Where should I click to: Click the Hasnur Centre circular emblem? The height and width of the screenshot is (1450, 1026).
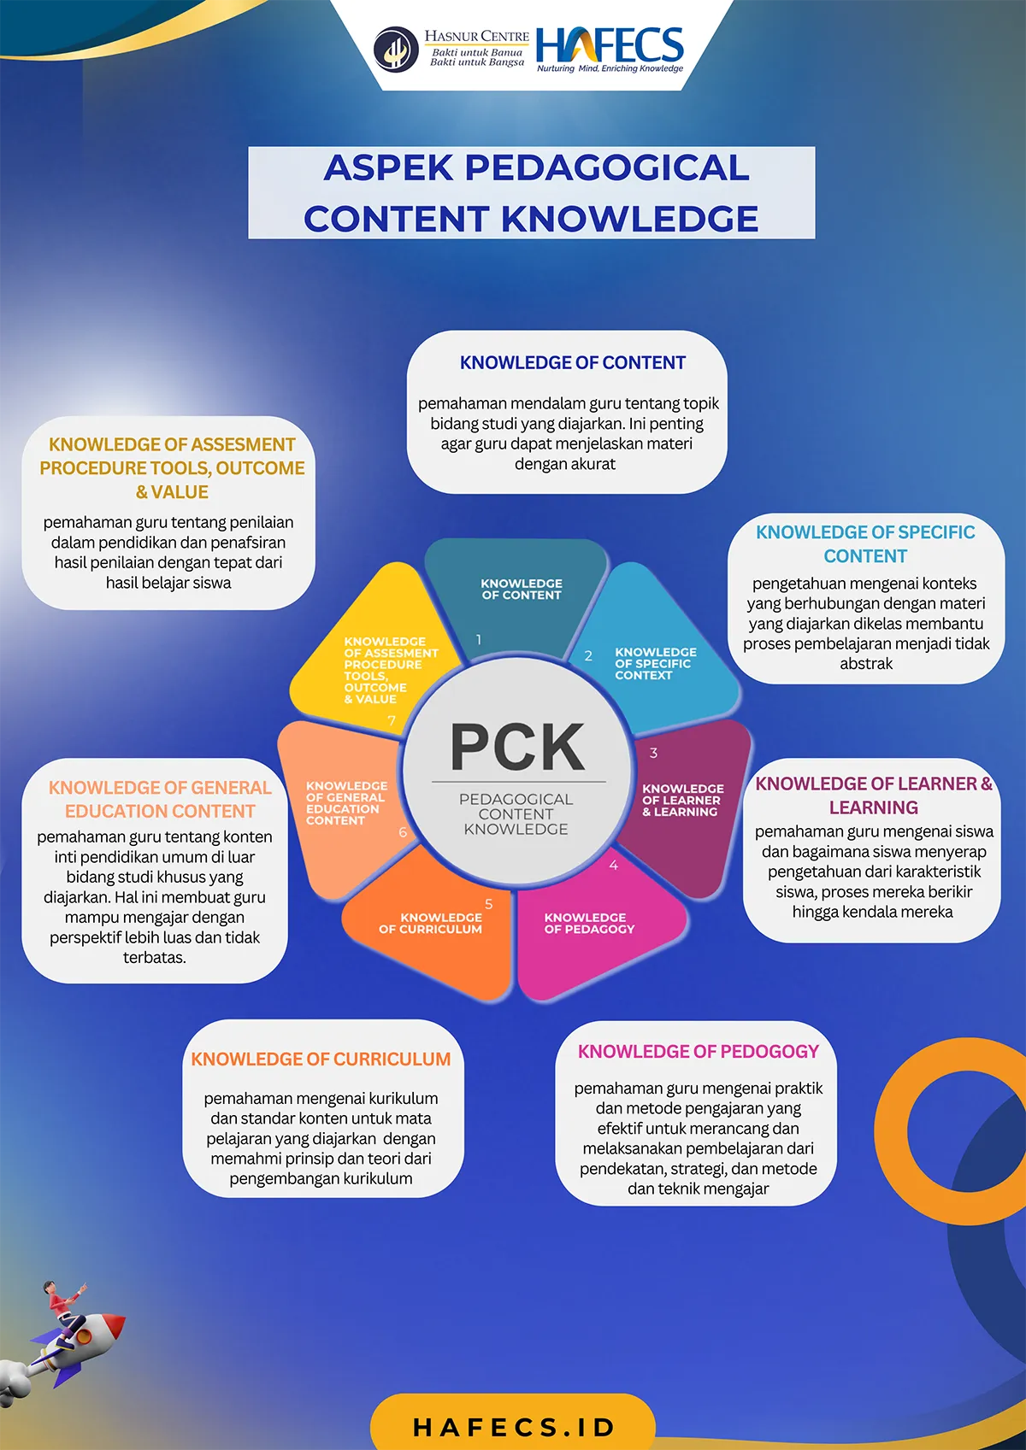click(396, 49)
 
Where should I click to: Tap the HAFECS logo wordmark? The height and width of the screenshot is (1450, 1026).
click(610, 44)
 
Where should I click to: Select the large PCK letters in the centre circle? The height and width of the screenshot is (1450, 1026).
click(517, 747)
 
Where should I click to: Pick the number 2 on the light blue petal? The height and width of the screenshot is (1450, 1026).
click(588, 655)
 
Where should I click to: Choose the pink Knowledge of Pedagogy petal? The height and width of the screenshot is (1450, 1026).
click(593, 925)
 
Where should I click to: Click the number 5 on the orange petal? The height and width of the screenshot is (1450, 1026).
click(488, 904)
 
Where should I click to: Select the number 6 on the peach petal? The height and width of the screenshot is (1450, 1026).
click(403, 832)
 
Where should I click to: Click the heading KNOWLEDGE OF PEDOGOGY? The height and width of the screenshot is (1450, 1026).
click(699, 1051)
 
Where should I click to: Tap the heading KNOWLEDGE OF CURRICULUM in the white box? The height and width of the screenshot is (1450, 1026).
click(321, 1059)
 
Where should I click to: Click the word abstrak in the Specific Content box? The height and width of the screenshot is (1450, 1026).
click(866, 664)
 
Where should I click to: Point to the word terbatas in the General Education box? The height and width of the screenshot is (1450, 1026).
click(154, 957)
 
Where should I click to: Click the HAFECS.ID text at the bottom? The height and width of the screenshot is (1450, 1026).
click(513, 1427)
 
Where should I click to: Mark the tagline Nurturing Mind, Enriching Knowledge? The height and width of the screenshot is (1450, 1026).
click(610, 68)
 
